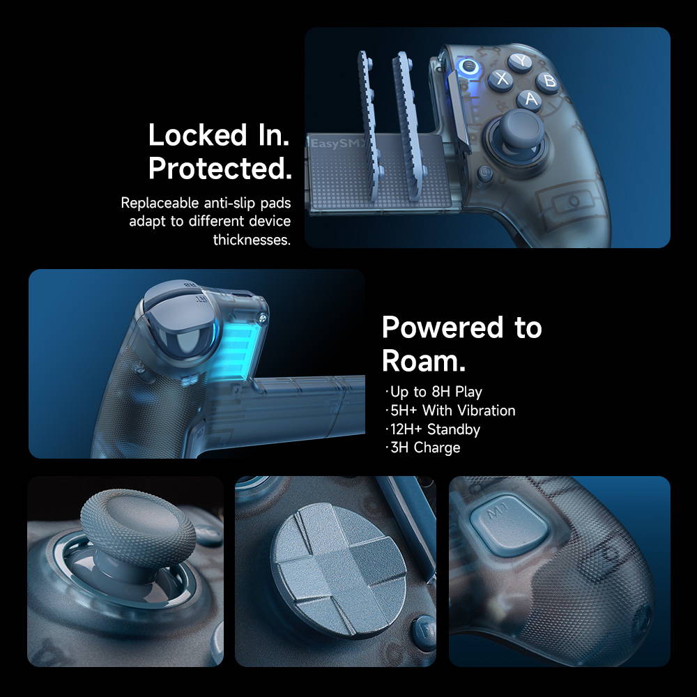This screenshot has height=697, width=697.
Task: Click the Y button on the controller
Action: (520, 62)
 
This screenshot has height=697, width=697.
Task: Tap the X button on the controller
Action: (501, 79)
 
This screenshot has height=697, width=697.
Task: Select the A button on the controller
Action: (530, 99)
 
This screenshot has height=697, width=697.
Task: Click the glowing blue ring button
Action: (468, 68)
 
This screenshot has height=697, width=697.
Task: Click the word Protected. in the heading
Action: (220, 169)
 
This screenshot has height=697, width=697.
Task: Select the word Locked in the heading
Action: (197, 135)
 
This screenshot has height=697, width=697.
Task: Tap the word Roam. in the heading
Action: (424, 360)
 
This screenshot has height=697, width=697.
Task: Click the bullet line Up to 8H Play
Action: (433, 392)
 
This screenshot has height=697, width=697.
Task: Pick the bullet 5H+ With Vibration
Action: (450, 411)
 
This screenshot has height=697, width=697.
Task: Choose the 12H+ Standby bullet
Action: (432, 429)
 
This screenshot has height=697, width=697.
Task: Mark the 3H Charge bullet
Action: (422, 447)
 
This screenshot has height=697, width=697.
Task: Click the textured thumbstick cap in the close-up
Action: (138, 527)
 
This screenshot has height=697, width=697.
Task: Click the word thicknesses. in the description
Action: (252, 240)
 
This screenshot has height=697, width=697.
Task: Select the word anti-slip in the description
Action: (230, 203)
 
